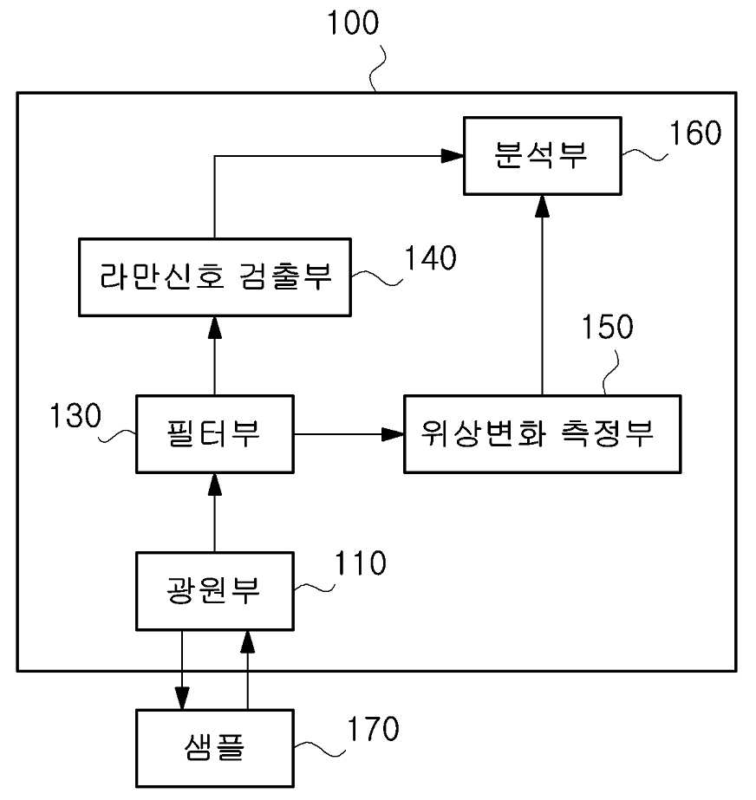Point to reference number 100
tap(353, 23)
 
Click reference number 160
tap(695, 133)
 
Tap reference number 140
tap(430, 257)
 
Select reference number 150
tap(608, 327)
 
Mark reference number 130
tap(75, 415)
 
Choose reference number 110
tap(361, 563)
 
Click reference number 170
tap(373, 729)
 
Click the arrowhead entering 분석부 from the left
tap(453, 156)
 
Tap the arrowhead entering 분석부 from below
tap(542, 206)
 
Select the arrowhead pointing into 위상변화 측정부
tap(393, 434)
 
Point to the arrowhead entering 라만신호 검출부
tap(215, 328)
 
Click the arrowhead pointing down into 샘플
tap(182, 698)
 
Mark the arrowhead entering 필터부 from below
tap(215, 485)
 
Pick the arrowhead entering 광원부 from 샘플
tap(248, 642)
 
